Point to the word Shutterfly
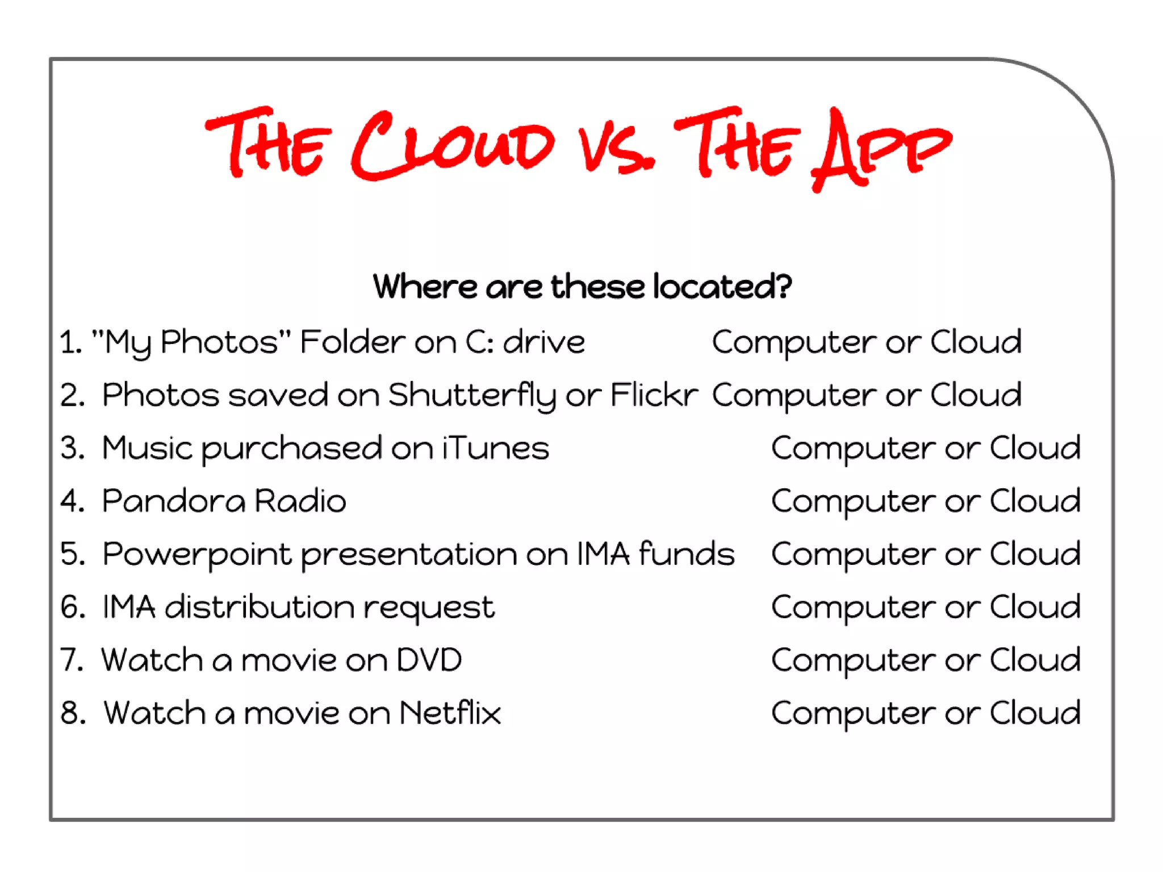(472, 395)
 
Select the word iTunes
(496, 448)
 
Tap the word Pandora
(174, 501)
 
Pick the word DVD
(429, 660)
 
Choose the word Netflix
(450, 713)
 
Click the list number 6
(73, 607)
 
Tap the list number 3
(73, 448)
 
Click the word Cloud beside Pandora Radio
(1035, 501)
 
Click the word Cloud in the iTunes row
(1035, 448)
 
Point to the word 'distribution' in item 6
(260, 607)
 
